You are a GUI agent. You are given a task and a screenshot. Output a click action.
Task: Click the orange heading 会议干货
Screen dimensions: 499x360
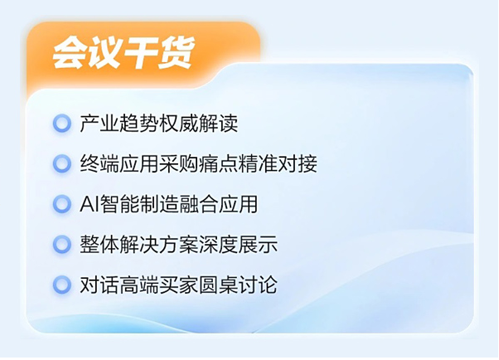point(124,53)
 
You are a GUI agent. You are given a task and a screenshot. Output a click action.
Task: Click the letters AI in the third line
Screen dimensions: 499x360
point(89,204)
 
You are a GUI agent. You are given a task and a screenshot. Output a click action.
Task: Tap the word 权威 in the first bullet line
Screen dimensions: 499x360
point(178,124)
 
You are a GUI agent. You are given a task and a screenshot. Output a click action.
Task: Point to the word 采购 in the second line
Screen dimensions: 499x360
point(178,163)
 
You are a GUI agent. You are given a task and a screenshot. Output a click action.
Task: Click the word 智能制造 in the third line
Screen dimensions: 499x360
point(138,204)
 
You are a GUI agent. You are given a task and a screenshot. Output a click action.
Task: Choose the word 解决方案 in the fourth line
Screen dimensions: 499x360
point(159,245)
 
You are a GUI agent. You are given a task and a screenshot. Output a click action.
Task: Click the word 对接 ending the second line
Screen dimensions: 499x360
point(298,163)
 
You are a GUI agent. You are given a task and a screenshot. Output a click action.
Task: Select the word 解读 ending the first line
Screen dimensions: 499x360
point(218,124)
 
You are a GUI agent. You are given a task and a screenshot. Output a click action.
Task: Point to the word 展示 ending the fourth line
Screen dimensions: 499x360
point(258,245)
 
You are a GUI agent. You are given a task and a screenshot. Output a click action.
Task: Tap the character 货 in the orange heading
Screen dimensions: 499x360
point(177,53)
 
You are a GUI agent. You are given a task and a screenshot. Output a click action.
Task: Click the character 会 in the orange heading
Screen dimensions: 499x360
point(70,53)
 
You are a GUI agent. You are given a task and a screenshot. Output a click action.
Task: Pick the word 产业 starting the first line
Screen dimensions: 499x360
point(99,124)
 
